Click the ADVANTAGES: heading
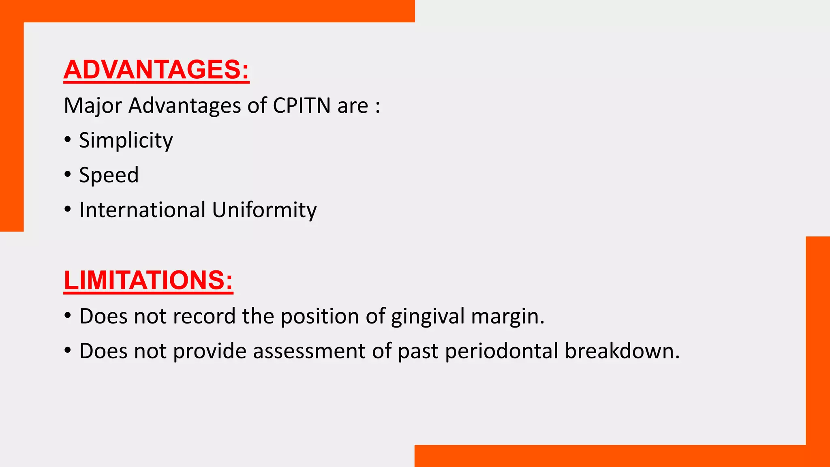point(156,70)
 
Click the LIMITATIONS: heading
point(148,280)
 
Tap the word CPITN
point(302,105)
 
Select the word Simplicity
point(126,140)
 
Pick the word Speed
point(109,175)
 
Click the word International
point(142,210)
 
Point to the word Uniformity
point(264,210)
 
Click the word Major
point(93,105)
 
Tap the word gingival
point(428,316)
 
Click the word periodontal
point(501,351)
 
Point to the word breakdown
point(622,351)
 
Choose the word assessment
point(309,351)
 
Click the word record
point(204,316)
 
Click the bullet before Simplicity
point(68,140)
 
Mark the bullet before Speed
point(68,175)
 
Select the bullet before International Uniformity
point(68,210)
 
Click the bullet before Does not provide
point(68,351)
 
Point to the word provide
point(210,351)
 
